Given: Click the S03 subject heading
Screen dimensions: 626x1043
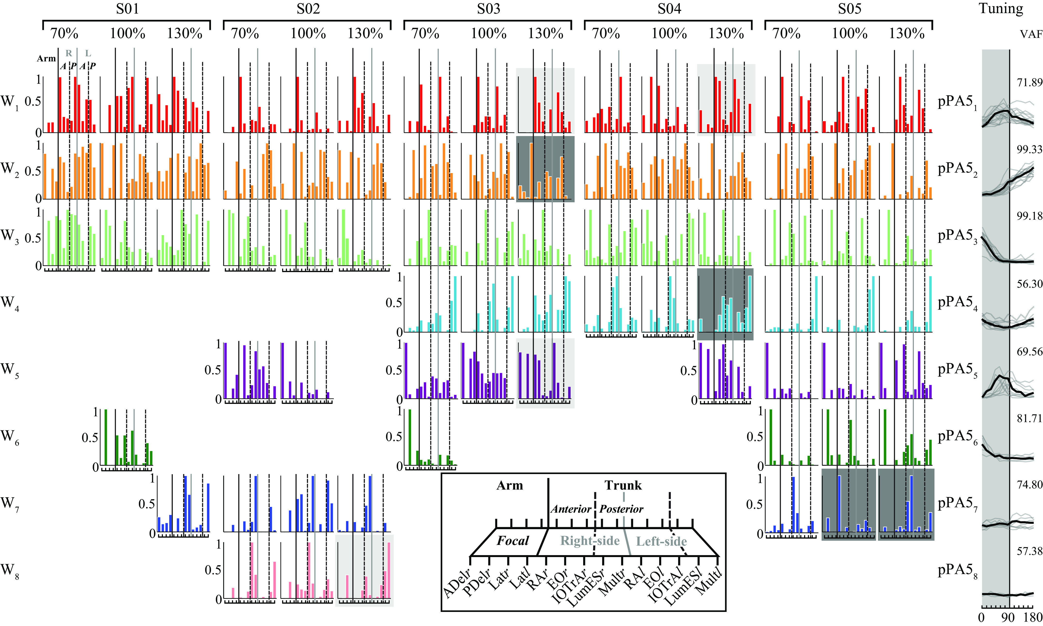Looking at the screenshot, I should click(488, 8).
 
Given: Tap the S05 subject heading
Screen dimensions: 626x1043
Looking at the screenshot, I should click(849, 8).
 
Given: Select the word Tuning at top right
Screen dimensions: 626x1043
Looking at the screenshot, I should click(1001, 8).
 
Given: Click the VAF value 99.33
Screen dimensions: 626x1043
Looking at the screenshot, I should click(1029, 149).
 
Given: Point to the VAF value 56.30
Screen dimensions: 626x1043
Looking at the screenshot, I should click(1029, 284).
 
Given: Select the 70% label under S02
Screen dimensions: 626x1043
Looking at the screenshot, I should click(245, 33).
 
